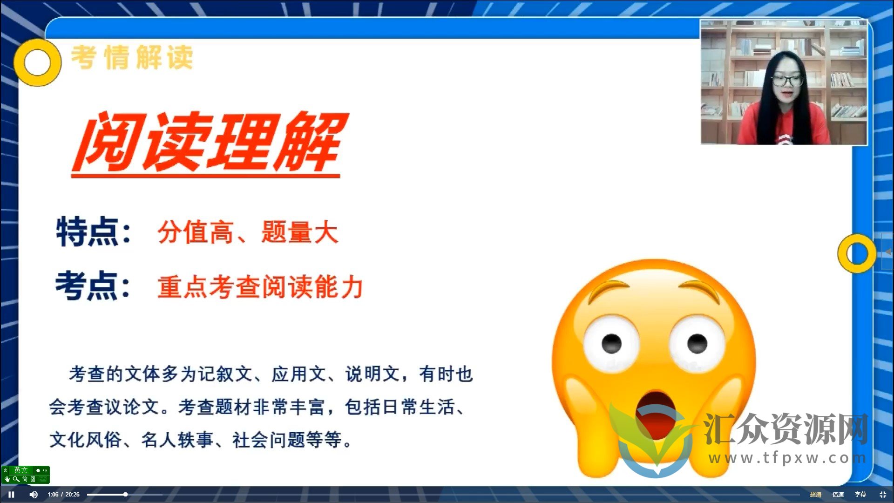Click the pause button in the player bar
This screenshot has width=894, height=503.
coord(11,495)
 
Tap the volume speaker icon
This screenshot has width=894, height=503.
coord(34,495)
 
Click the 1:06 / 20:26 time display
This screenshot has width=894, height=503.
coord(63,495)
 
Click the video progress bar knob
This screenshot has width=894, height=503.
coord(125,495)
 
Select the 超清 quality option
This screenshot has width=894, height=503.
coord(816,495)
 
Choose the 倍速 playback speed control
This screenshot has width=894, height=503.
coord(838,495)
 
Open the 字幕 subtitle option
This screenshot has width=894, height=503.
coord(860,495)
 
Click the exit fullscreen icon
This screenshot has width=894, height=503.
coord(883,495)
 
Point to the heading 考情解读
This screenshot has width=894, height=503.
coord(132,58)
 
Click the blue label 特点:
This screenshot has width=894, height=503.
coord(93,231)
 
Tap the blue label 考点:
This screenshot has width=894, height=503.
coord(93,286)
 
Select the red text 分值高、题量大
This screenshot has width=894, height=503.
coord(248,232)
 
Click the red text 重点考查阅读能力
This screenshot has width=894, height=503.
coord(260,287)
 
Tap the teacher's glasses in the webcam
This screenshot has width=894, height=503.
coord(787,80)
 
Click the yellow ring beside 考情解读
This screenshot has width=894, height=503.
coord(37,62)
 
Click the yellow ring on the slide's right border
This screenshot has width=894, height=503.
coord(857,253)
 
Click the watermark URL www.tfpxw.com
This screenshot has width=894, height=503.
coord(787,458)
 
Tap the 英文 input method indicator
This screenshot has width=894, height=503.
coord(21,470)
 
